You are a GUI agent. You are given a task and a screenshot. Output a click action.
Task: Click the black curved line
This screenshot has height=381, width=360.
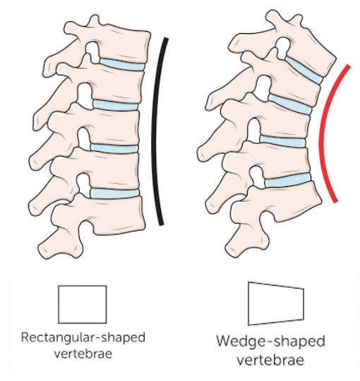[155, 131]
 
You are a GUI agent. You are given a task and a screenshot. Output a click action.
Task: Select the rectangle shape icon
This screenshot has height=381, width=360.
[83, 305]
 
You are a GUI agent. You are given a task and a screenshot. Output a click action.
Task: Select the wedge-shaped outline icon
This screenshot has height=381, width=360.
[276, 303]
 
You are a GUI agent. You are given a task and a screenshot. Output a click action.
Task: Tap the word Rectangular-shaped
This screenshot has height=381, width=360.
[83, 338]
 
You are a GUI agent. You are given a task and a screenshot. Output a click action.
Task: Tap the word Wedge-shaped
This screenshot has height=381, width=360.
[270, 341]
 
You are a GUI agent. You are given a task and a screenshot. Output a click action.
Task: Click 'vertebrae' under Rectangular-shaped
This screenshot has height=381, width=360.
[83, 353]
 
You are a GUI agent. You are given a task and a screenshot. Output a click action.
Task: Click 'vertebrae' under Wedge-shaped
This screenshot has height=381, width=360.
[270, 360]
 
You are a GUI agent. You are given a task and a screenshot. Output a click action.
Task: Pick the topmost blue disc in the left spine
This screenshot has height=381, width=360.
[122, 64]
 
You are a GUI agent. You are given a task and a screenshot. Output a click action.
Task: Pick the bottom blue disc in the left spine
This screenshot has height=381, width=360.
[114, 193]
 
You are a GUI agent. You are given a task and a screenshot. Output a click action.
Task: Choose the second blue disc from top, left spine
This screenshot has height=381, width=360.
[116, 105]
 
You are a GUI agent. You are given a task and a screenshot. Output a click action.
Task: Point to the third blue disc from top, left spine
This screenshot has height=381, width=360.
[114, 148]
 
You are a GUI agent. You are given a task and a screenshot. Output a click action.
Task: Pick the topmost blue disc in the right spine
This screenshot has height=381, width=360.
[304, 70]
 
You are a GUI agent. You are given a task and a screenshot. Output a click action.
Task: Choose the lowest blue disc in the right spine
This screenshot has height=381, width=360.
[287, 180]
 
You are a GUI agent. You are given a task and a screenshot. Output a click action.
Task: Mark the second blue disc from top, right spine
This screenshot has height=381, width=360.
[290, 104]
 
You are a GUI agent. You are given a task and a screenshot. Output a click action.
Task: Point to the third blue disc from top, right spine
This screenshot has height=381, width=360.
[282, 141]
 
